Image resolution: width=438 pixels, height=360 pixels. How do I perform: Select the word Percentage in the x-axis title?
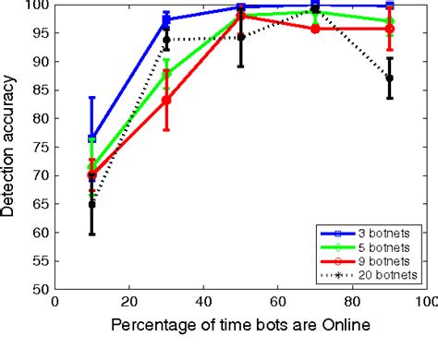click(x=151, y=326)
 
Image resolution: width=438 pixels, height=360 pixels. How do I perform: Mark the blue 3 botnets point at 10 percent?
click(x=92, y=138)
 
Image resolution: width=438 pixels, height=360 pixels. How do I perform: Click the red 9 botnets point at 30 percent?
click(x=166, y=100)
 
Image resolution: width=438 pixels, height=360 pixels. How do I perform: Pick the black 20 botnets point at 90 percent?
click(x=389, y=78)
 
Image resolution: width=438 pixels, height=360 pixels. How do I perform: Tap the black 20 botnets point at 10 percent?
click(x=92, y=204)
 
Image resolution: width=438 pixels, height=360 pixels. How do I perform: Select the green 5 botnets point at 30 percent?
click(x=166, y=75)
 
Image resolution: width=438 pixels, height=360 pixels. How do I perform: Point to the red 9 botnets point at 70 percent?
click(x=315, y=29)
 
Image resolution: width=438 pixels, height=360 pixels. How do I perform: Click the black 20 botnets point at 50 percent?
click(x=241, y=38)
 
